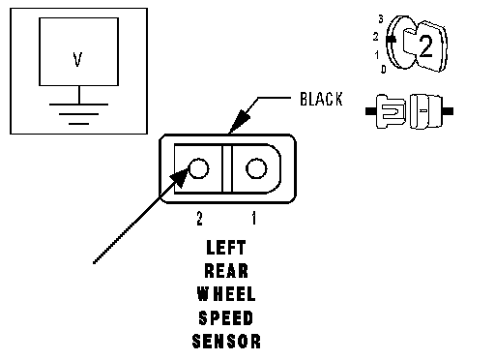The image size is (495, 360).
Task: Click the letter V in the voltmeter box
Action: click(77, 59)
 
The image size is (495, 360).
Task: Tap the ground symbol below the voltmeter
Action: click(78, 114)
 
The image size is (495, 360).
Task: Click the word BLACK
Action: click(321, 99)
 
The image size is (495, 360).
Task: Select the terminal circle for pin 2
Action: click(198, 168)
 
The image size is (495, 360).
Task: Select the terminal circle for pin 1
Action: click(256, 168)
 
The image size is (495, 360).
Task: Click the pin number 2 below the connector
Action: click(200, 219)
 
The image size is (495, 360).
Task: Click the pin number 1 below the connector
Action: click(254, 219)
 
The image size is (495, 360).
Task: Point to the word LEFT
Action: click(226, 248)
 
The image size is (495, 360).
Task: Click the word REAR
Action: click(226, 271)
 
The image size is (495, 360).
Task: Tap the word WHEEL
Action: click(226, 294)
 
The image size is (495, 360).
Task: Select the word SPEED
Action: click(226, 317)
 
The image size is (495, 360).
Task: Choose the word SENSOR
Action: click(226, 342)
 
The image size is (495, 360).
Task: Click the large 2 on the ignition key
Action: click(425, 46)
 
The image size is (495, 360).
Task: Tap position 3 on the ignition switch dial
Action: click(381, 19)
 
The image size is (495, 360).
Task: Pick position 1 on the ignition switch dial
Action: click(377, 55)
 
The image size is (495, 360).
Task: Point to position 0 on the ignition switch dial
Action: click(384, 69)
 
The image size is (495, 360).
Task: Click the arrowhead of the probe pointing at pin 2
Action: click(180, 177)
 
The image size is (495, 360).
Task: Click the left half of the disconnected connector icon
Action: click(386, 111)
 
